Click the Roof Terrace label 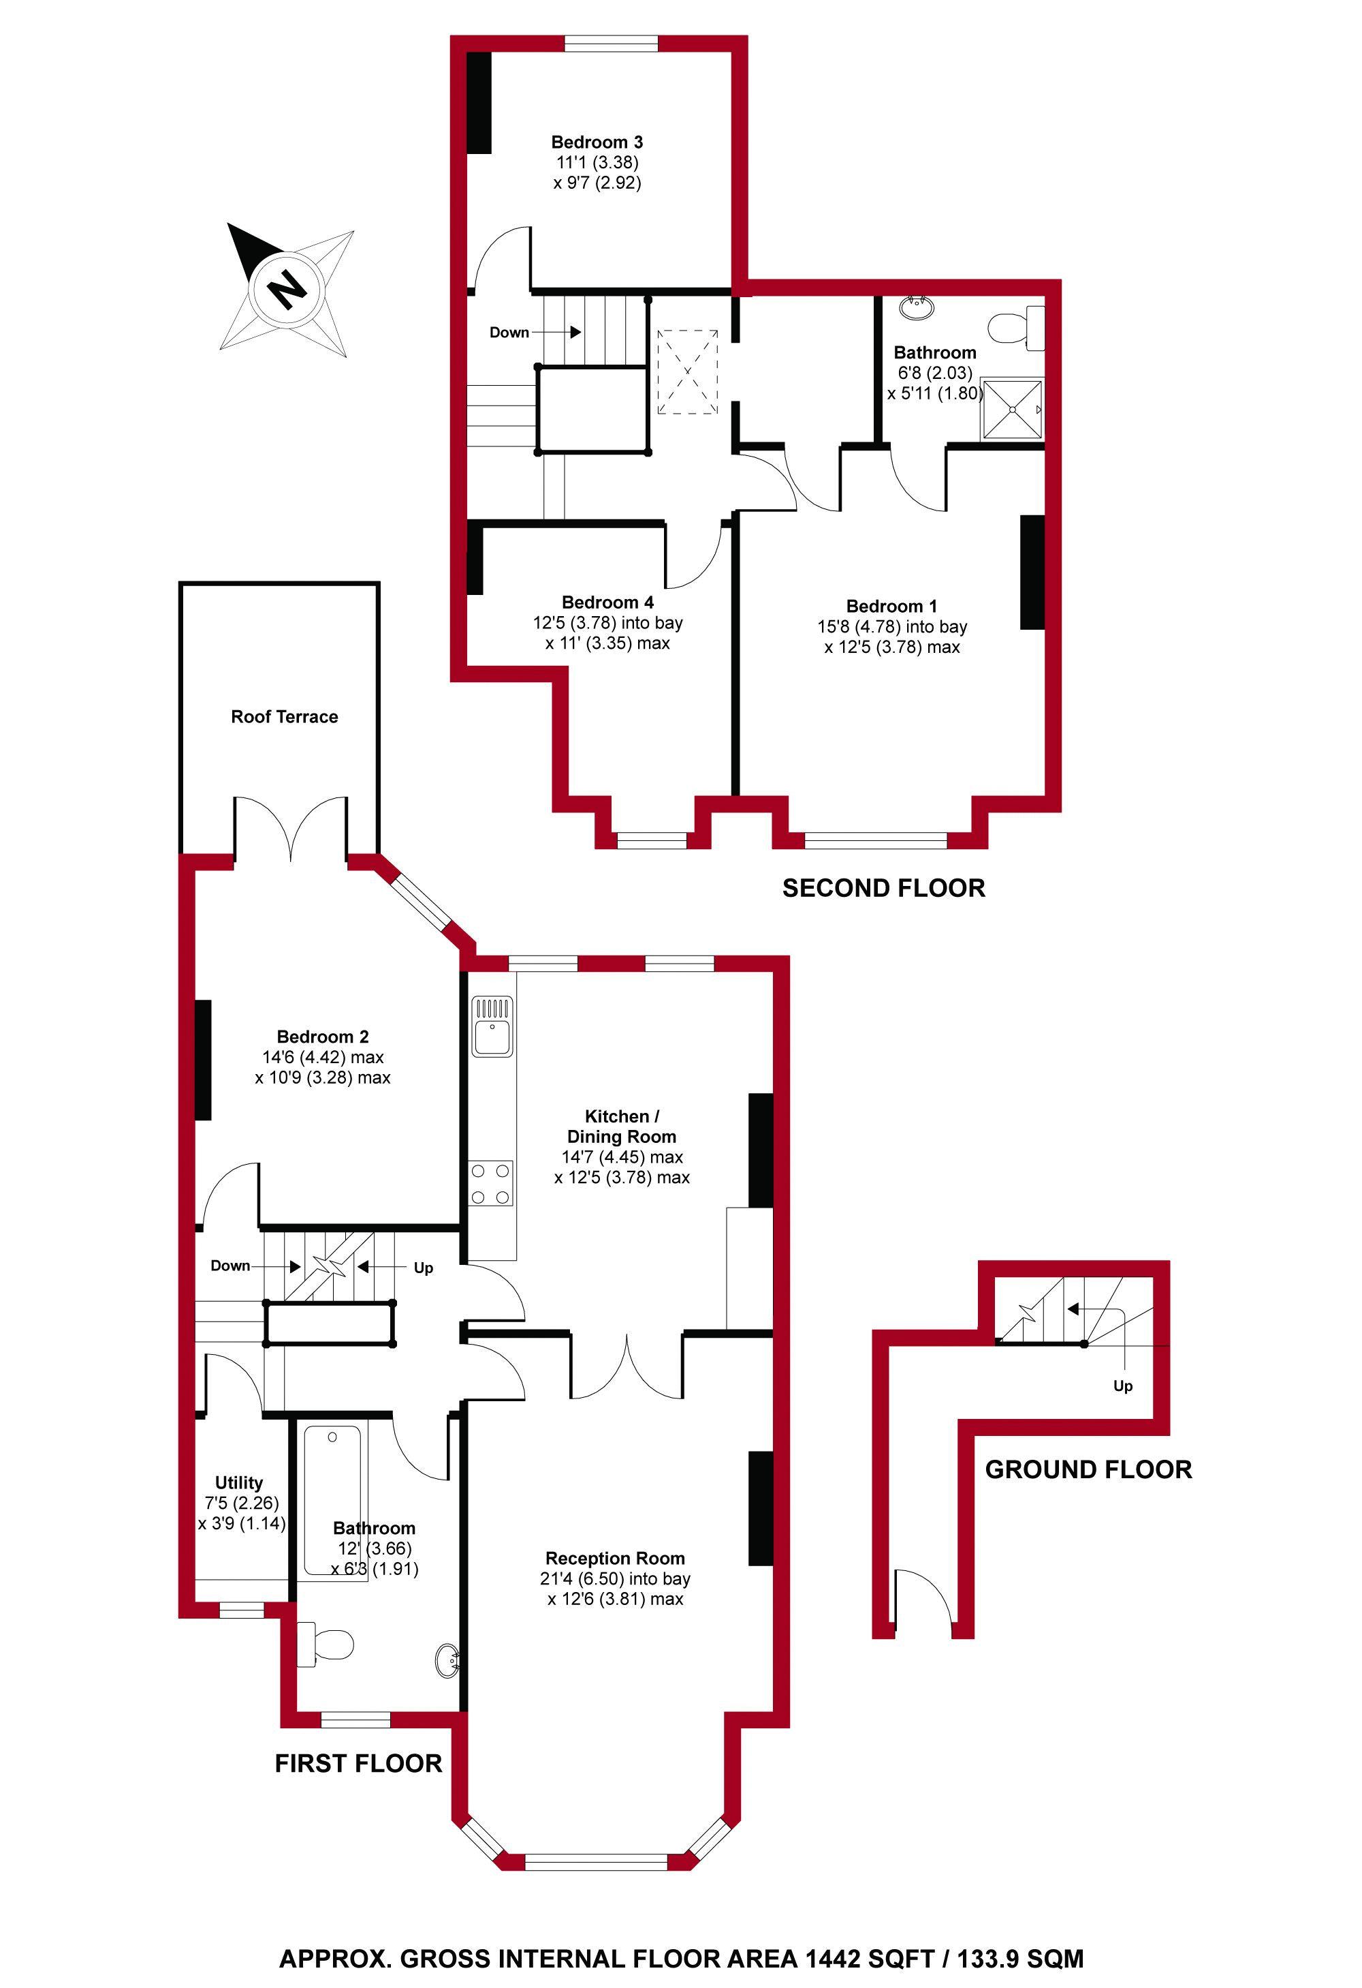point(284,717)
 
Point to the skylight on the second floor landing point(687,373)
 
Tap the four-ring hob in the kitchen point(492,1183)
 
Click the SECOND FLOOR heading point(883,888)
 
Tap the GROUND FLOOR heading point(1088,1469)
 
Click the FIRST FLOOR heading point(358,1763)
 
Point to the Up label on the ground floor point(1122,1386)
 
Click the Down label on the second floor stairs point(509,333)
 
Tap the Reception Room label point(615,1559)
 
